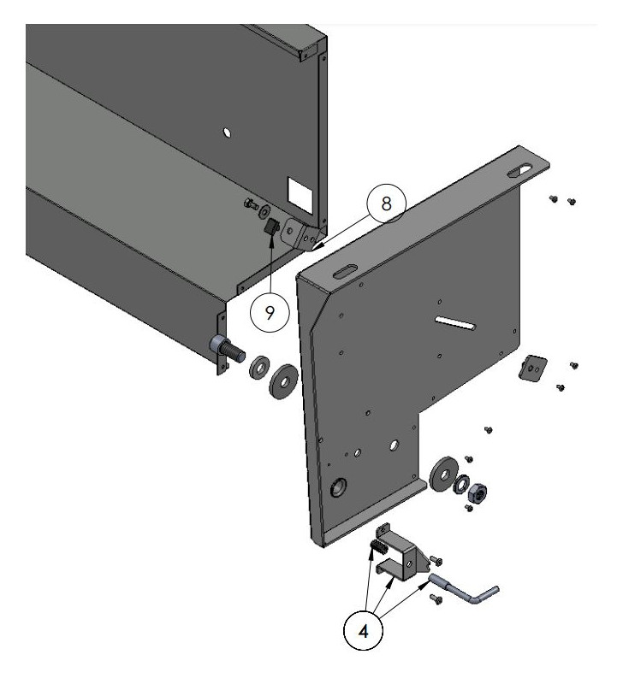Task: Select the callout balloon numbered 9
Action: point(270,312)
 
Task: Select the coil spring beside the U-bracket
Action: point(378,545)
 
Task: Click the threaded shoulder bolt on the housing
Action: point(224,347)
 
